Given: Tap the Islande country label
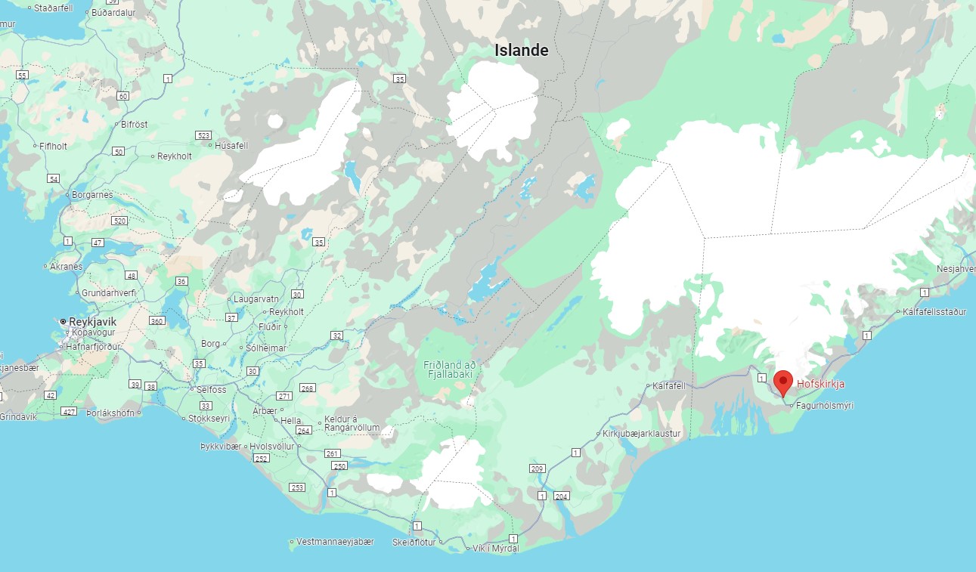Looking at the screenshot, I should click(x=521, y=51).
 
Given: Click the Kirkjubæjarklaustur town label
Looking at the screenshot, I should click(x=642, y=434).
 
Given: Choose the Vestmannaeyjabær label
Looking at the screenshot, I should click(x=336, y=542).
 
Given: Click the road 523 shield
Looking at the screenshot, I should click(x=203, y=135).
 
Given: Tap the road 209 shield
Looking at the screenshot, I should click(x=538, y=469).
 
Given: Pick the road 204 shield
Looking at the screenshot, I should click(x=561, y=496).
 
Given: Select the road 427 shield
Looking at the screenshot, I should click(x=70, y=412).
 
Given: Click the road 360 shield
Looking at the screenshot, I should click(x=156, y=321).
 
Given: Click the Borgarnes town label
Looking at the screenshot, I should click(x=93, y=195).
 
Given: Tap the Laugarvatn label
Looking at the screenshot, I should click(x=256, y=299).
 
